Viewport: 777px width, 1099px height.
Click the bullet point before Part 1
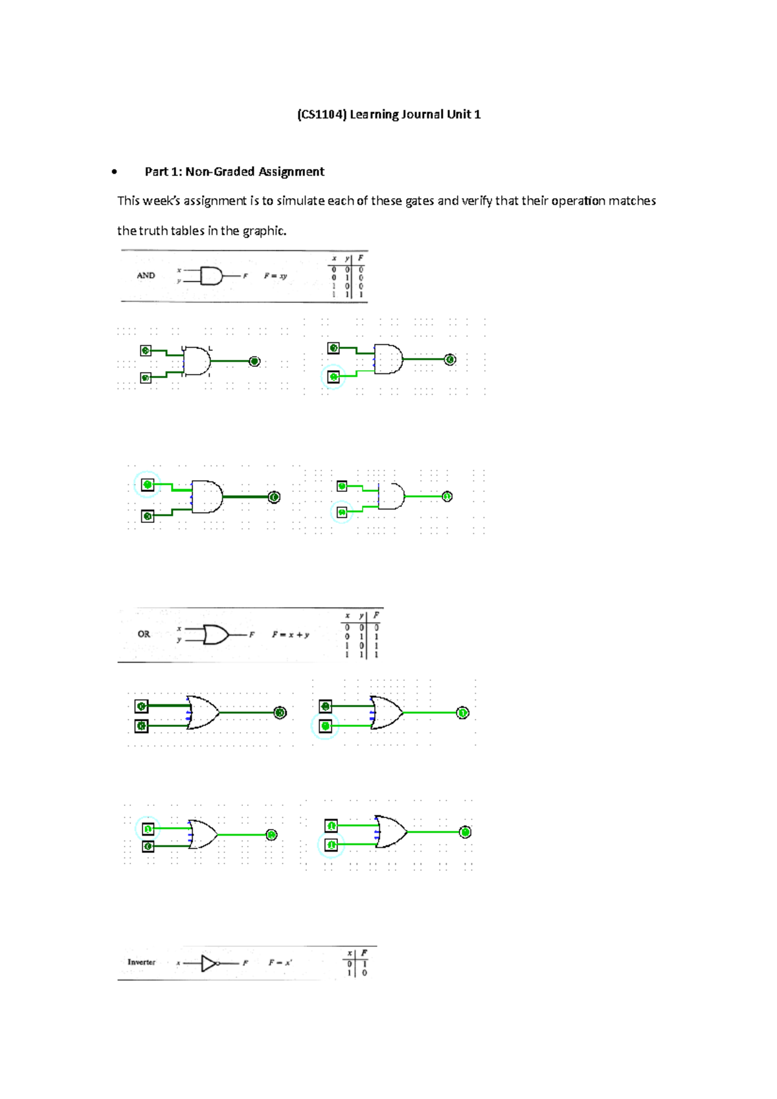point(114,172)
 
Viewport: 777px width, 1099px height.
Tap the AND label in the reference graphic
point(146,276)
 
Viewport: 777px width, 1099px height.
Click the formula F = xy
point(275,276)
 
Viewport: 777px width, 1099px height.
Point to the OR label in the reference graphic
point(144,634)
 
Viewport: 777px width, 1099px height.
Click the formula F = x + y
point(291,635)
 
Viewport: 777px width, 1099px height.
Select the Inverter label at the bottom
point(141,962)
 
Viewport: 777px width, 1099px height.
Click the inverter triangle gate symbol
point(209,964)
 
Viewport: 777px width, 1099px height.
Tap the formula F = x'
point(280,963)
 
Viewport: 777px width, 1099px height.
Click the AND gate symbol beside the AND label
point(211,276)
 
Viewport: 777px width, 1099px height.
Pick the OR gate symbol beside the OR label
point(216,635)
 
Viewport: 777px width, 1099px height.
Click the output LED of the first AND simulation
point(254,362)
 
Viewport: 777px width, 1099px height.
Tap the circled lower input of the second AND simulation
point(333,377)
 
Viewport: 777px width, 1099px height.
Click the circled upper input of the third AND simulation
point(148,484)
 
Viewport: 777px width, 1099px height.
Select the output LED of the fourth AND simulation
point(447,496)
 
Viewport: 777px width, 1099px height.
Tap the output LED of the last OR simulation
point(465,832)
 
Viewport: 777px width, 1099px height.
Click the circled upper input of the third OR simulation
point(148,828)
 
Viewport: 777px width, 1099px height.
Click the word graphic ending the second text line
point(264,231)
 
